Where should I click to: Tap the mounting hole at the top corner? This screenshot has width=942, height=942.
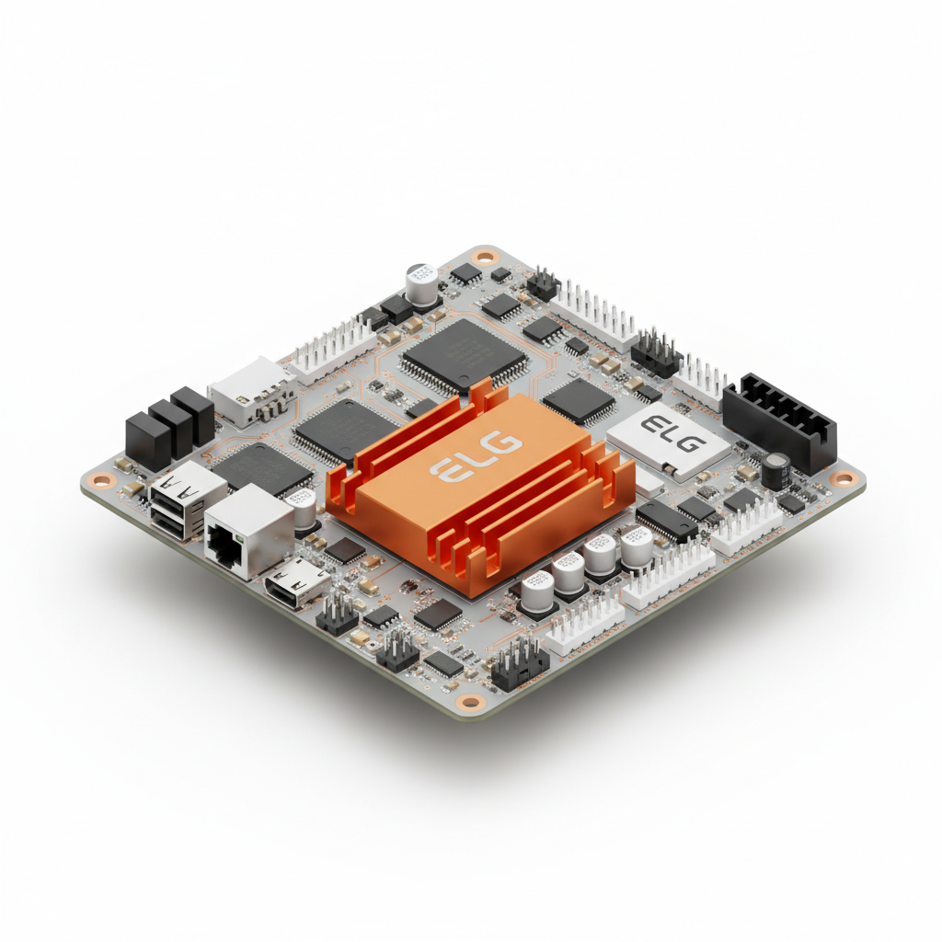[x=484, y=258]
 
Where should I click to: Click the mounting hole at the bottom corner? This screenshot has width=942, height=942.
[x=471, y=701]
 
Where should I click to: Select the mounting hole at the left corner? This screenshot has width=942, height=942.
[x=102, y=480]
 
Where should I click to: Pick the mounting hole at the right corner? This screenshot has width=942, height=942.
[x=843, y=478]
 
